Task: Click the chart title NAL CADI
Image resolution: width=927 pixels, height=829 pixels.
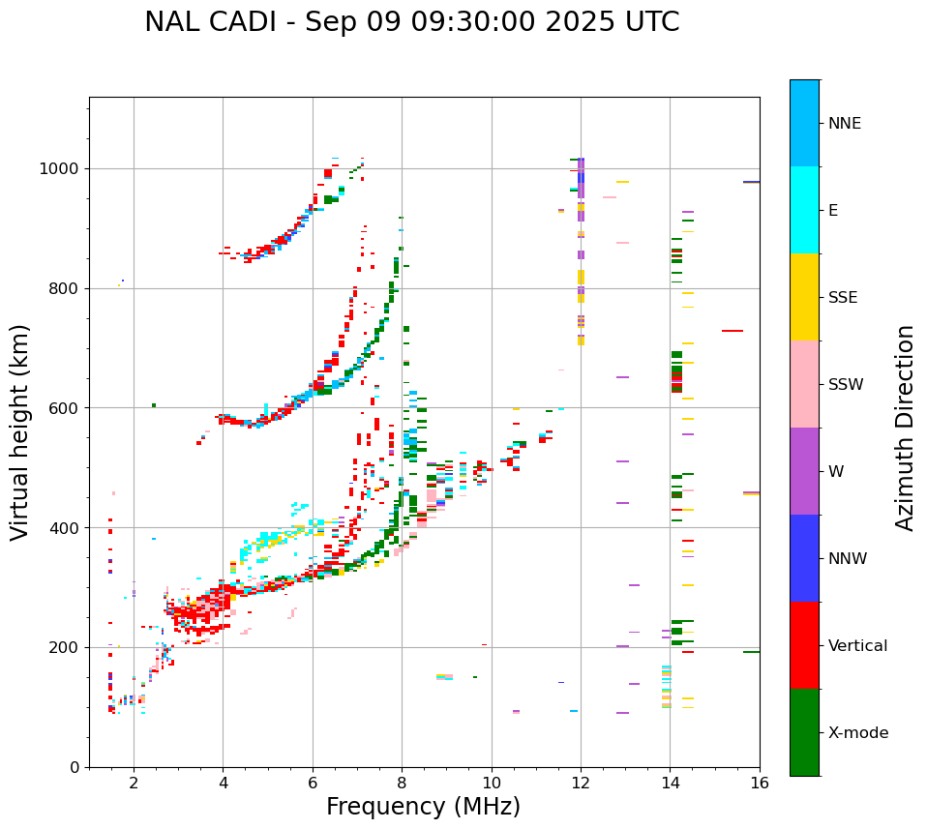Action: click(x=411, y=22)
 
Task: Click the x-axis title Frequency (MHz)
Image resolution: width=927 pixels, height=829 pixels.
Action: click(x=423, y=807)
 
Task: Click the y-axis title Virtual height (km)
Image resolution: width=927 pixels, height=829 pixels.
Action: click(x=20, y=431)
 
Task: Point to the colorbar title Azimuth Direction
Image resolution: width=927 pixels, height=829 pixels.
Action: click(x=905, y=428)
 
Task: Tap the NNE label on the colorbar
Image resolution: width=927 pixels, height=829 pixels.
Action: click(x=844, y=124)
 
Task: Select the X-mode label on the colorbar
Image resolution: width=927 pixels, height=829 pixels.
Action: click(x=857, y=733)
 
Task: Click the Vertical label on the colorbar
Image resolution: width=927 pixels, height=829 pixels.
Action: click(x=857, y=646)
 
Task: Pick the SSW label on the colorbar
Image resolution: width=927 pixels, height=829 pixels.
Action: click(x=846, y=385)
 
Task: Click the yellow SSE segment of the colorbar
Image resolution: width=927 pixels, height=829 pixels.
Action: click(x=804, y=297)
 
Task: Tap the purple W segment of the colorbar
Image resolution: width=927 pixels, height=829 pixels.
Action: click(x=804, y=471)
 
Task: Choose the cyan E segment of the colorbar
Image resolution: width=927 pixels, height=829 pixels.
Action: click(x=804, y=210)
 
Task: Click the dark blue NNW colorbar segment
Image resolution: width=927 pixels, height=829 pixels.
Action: click(x=804, y=558)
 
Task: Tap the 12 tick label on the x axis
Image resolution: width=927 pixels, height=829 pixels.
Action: click(x=581, y=783)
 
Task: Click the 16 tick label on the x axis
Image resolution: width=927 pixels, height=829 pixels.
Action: click(x=760, y=783)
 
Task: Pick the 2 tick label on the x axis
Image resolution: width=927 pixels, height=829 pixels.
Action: click(x=134, y=783)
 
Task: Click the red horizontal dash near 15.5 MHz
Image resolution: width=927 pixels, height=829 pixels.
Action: click(x=733, y=331)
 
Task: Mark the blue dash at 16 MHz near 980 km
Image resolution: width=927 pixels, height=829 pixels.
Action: click(x=751, y=182)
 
